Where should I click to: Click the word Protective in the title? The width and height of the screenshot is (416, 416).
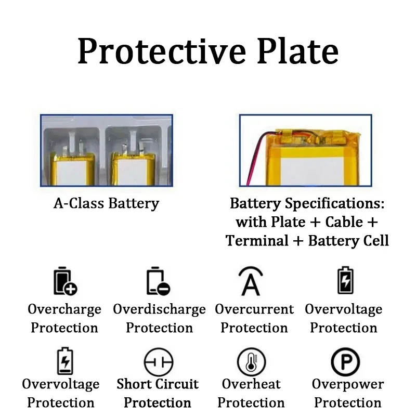tap(151, 51)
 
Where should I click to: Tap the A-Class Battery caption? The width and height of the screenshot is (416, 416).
tap(106, 203)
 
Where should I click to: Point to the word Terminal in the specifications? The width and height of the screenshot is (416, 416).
tap(264, 241)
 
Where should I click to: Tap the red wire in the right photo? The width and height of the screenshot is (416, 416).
tap(256, 161)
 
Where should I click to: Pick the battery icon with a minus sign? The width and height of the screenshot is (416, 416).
tap(158, 281)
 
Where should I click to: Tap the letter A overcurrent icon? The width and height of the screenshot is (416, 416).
tap(251, 281)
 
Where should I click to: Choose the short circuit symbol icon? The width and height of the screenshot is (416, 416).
tap(158, 362)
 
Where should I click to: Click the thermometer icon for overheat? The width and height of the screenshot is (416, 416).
tap(251, 362)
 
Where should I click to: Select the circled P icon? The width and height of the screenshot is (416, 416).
tap(345, 362)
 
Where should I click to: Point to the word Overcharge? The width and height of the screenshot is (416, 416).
tap(64, 309)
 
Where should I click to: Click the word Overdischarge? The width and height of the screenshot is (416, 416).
tap(159, 309)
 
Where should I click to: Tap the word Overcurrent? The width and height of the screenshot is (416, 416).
tap(254, 309)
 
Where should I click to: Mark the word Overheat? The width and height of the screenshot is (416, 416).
tap(251, 384)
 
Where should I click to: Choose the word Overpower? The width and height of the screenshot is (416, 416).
tap(347, 384)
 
